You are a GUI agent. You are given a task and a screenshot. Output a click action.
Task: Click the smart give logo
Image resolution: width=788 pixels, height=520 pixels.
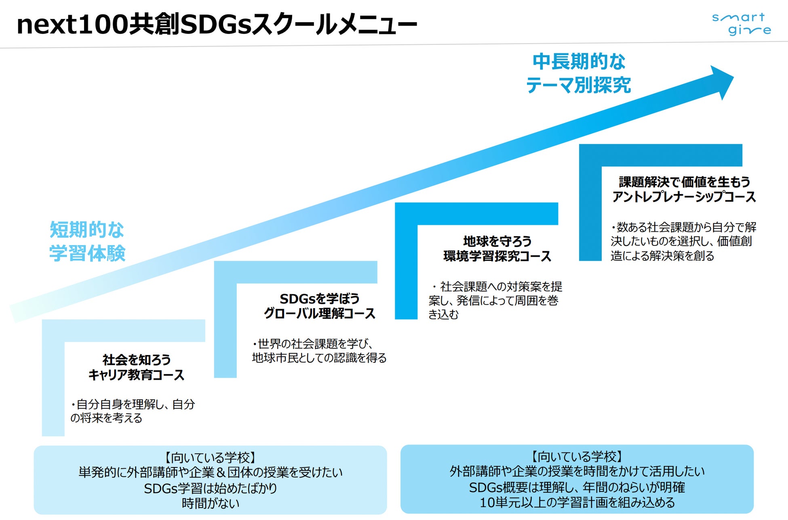[x=741, y=24]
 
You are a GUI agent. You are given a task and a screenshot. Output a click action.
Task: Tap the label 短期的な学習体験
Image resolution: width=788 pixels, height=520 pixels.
[x=87, y=241]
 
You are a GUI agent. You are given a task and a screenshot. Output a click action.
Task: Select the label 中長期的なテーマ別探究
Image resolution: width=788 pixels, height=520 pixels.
[x=578, y=73]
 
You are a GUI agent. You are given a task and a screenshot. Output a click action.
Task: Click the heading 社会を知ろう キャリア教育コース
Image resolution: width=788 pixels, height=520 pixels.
[x=136, y=367]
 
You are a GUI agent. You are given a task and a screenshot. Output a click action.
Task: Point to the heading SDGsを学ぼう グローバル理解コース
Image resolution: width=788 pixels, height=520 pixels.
[x=319, y=306]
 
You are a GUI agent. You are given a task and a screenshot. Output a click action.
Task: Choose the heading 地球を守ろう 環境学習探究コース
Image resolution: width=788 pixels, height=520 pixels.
[x=497, y=249]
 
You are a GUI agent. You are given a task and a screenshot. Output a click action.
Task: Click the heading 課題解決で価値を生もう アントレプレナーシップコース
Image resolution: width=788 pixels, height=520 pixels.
[x=684, y=189]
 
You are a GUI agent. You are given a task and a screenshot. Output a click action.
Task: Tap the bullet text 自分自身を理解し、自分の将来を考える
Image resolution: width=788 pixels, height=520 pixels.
[x=133, y=411]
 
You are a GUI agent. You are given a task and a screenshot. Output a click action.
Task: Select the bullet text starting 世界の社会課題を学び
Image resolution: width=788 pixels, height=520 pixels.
[x=319, y=351]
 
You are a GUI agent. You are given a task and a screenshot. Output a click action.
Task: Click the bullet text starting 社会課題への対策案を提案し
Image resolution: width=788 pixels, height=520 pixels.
[x=495, y=300]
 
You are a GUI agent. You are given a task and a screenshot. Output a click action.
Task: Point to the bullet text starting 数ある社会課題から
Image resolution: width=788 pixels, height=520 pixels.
[x=683, y=241]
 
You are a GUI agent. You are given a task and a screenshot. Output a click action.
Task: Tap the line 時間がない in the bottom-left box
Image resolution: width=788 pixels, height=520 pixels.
[x=211, y=503]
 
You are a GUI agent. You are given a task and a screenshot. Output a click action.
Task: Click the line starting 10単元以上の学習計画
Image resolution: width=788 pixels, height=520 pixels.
[x=577, y=502]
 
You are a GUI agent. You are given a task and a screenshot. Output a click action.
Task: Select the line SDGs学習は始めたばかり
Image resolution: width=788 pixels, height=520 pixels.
[x=211, y=488]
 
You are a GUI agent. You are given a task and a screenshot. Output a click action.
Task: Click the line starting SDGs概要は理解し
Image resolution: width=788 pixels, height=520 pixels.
[x=577, y=487]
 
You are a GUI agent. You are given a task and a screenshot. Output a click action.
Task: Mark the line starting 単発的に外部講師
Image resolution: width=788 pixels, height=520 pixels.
[x=211, y=472]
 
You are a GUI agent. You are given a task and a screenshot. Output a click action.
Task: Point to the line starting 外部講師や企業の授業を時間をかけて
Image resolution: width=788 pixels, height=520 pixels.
[x=577, y=471]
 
